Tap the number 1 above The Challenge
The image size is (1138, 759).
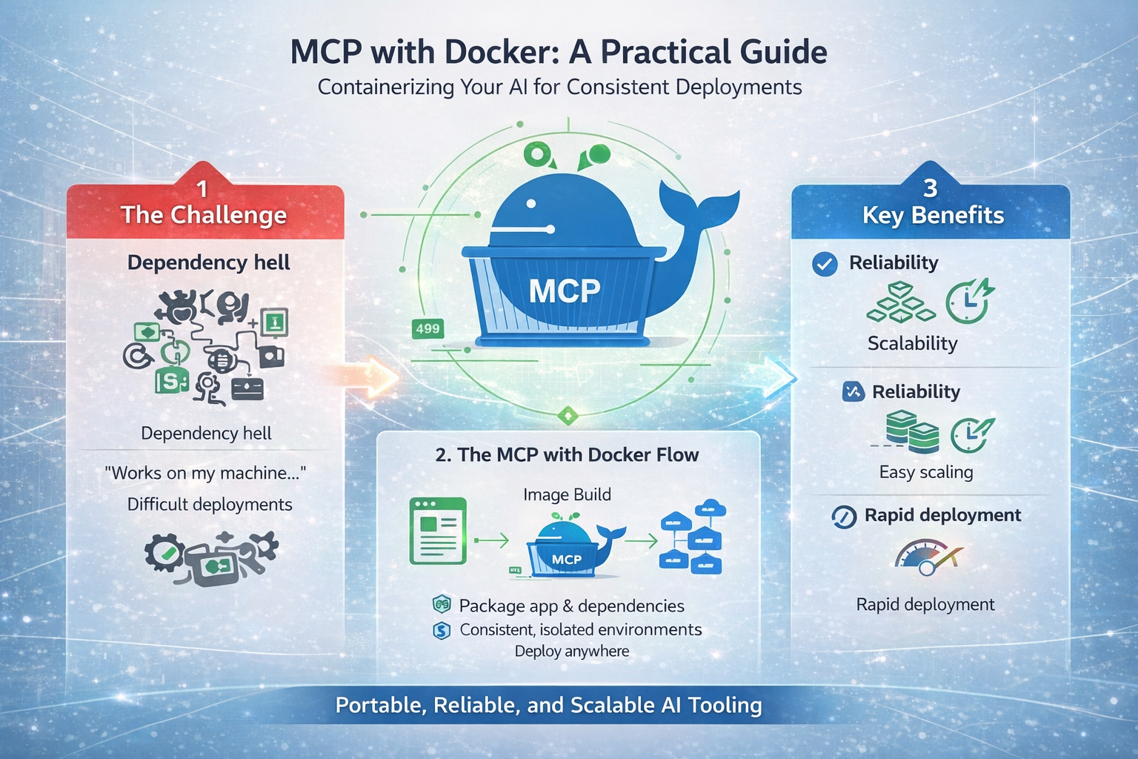(202, 189)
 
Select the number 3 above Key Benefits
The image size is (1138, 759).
(931, 188)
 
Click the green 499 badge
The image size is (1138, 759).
(427, 329)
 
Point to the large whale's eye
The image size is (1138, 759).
(531, 203)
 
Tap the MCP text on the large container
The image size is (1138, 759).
(565, 291)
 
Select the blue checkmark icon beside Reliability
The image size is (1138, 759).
(825, 264)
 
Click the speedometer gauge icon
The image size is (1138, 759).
(928, 557)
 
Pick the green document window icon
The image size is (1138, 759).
(438, 531)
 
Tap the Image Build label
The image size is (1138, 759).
(567, 494)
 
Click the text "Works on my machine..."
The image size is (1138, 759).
(205, 474)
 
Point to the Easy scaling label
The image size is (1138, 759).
(926, 472)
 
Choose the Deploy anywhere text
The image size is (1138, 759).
(572, 652)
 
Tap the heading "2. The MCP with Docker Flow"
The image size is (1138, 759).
(567, 454)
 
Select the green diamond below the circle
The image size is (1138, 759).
(568, 417)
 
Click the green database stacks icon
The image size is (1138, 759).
(913, 432)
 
